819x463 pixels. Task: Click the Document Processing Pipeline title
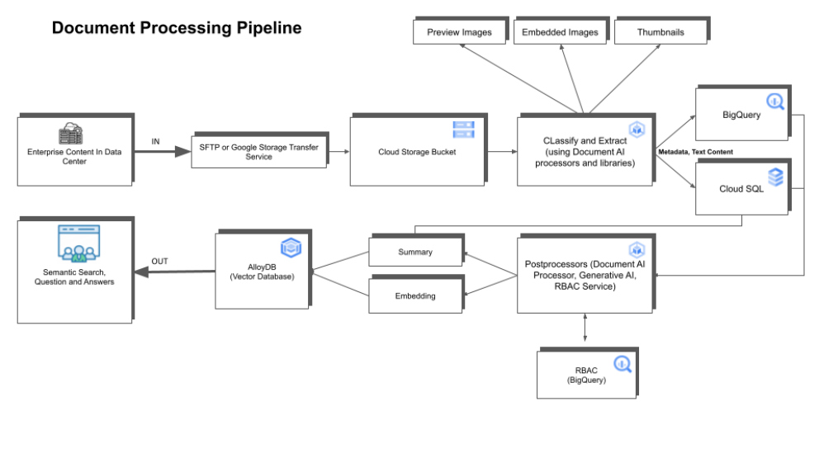177,28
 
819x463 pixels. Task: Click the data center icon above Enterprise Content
70,133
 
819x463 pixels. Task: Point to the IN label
156,141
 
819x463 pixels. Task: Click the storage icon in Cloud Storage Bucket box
463,130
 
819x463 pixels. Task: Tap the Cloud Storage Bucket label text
417,152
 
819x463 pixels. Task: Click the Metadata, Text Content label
695,152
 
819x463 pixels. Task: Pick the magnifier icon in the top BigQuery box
775,102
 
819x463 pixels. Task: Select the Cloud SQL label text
741,189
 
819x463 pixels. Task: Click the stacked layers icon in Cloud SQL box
775,177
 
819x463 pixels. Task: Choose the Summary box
416,251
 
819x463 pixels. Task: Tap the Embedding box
416,295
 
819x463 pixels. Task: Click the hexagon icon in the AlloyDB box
291,248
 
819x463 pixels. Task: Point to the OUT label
160,262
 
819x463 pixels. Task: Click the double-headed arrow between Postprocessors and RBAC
585,328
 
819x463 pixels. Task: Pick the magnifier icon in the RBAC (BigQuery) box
623,364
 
